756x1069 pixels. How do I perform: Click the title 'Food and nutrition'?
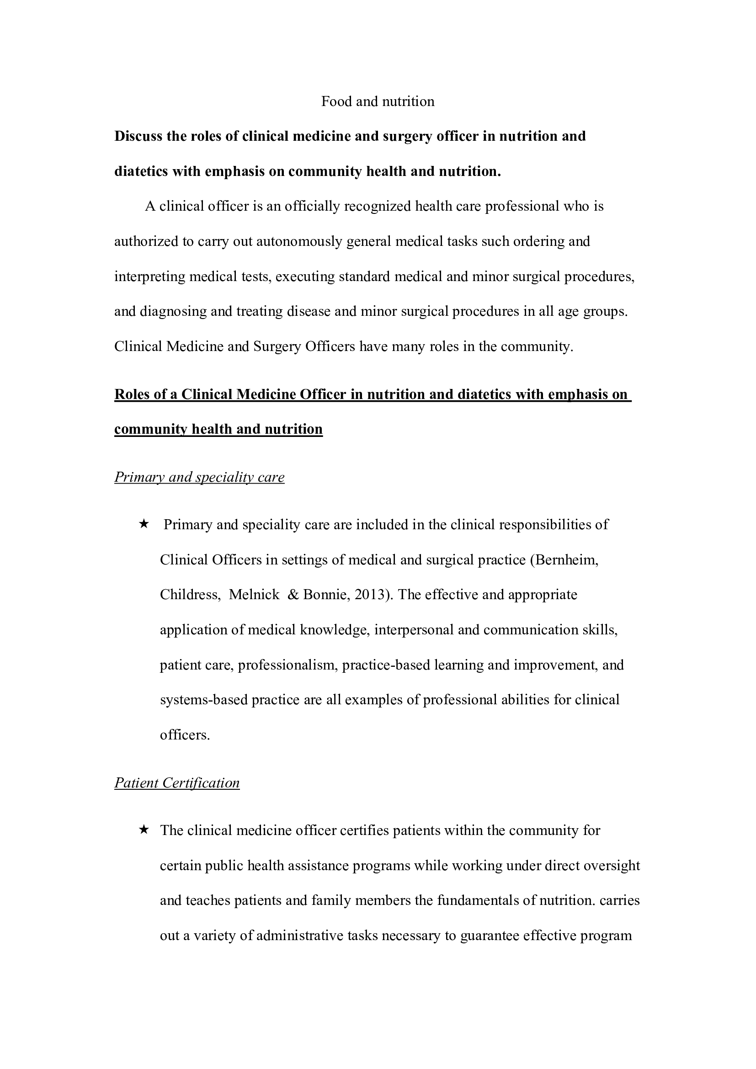378,101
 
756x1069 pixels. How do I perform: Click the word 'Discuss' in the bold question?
135,136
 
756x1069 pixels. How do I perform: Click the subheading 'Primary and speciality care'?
199,477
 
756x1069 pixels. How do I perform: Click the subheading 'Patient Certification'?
177,783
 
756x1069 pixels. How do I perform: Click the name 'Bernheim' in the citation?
566,560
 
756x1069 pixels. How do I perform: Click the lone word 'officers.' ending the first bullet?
185,735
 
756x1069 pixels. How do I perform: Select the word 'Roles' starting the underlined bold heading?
131,395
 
